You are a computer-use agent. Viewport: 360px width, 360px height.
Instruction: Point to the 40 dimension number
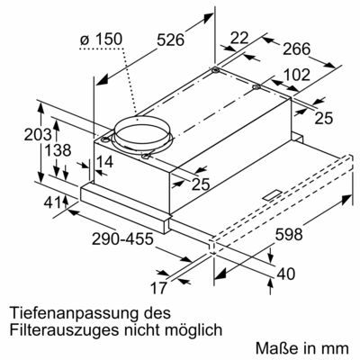click(285, 274)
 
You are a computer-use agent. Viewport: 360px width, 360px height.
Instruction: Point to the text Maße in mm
click(301, 346)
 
